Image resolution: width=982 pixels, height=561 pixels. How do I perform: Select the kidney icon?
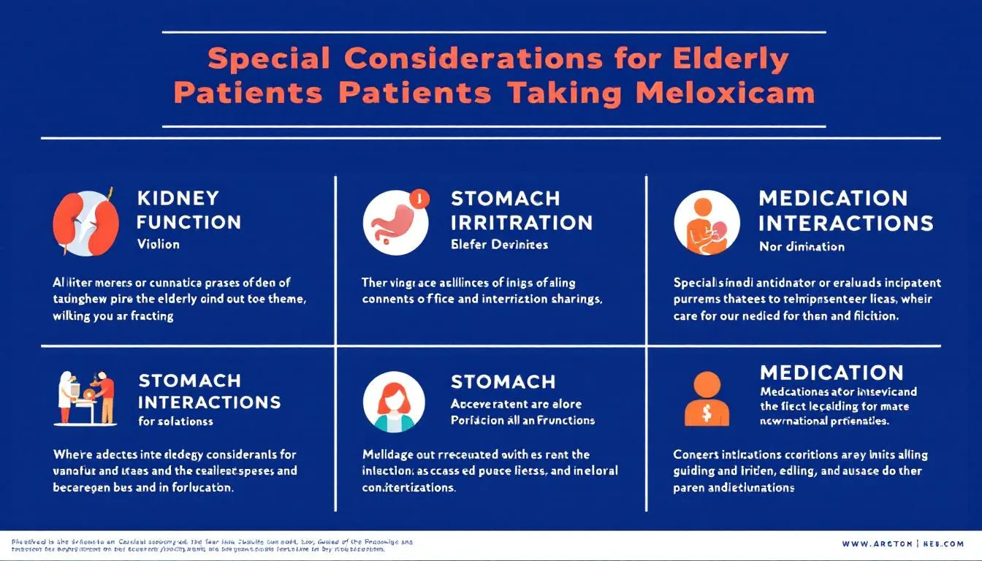pos(85,222)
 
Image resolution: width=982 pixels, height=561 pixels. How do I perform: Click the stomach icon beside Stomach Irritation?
pos(395,223)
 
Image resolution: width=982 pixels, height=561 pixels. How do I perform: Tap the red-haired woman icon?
pos(394,402)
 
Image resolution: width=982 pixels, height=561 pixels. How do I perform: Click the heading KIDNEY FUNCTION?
pos(188,210)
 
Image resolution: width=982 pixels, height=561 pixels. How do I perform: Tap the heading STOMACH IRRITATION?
pos(521,210)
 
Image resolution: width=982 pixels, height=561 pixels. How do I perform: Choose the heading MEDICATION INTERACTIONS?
pos(845,210)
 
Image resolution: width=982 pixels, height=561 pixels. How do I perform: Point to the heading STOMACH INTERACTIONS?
pos(209,392)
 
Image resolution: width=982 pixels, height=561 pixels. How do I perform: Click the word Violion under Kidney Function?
pos(158,244)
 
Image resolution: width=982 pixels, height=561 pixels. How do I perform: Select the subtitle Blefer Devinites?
pos(499,245)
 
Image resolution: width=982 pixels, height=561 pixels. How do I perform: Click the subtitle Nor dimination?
pos(802,246)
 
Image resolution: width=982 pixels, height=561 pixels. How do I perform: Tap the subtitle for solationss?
pos(175,421)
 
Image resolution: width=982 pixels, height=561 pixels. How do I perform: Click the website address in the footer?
pos(902,544)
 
